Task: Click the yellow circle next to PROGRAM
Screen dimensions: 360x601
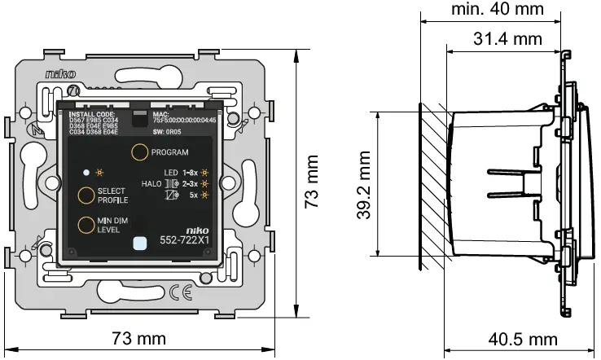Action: (140, 152)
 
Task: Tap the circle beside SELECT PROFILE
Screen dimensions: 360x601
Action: (85, 195)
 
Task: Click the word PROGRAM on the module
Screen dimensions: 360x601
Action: (170, 152)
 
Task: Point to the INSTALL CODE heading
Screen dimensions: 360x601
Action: (92, 115)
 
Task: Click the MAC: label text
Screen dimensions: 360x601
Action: (160, 115)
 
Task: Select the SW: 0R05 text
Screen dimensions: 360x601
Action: (169, 130)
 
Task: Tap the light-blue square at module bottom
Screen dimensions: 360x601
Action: (138, 242)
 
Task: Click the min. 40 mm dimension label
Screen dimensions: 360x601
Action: (497, 10)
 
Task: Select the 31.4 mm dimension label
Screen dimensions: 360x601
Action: (507, 37)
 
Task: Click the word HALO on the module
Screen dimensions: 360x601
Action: (152, 184)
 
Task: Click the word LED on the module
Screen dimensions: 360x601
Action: (170, 173)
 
